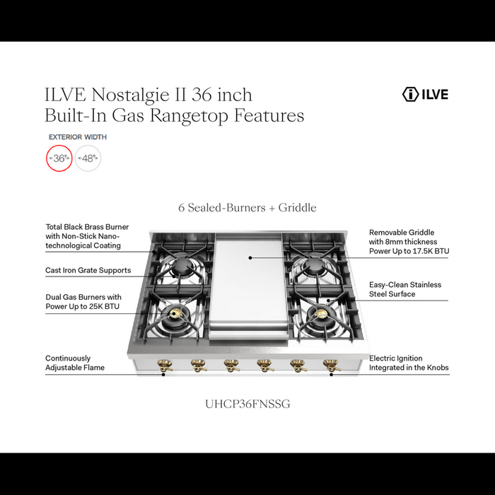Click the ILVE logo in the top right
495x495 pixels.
tap(424, 94)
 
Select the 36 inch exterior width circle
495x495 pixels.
tap(59, 158)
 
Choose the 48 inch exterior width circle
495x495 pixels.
tap(88, 158)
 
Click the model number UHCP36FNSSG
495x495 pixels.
tap(247, 404)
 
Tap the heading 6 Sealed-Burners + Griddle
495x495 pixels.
tap(248, 207)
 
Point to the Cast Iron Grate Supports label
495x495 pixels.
tap(88, 270)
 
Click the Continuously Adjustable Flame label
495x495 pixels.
tap(75, 363)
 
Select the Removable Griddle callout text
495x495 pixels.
tap(409, 241)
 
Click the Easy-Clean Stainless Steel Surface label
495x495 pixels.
tap(405, 289)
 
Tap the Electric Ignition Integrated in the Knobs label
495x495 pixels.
tap(409, 363)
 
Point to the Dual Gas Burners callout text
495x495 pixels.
tap(83, 301)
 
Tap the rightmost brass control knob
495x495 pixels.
tap(330, 365)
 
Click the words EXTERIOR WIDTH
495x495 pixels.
tap(78, 136)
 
